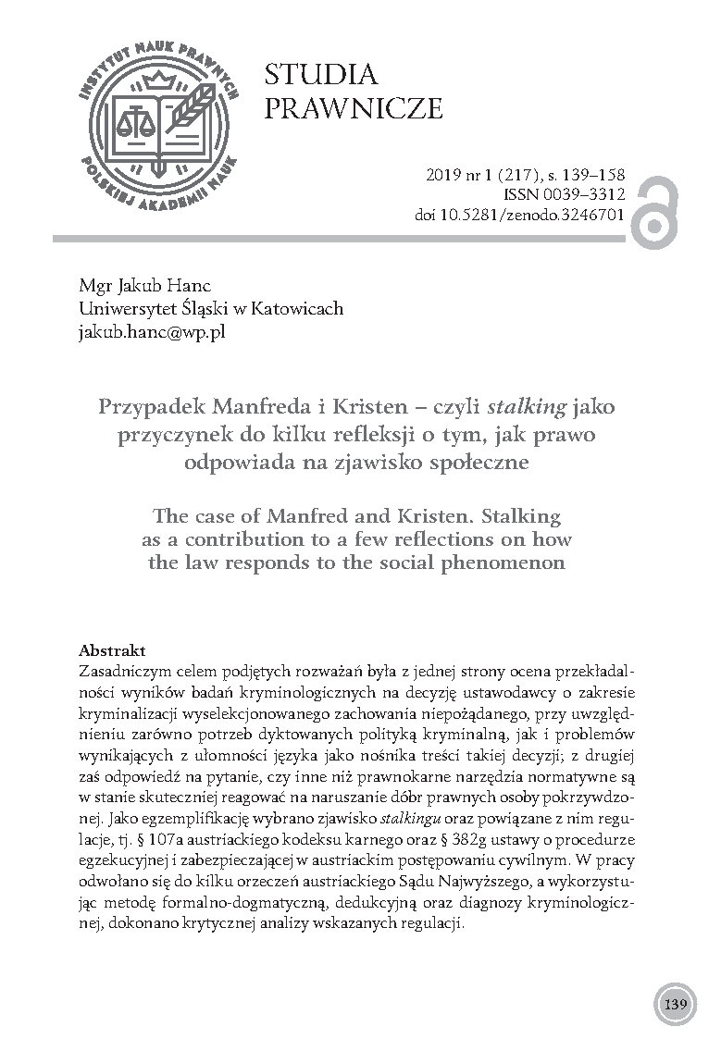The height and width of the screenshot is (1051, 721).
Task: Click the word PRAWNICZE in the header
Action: tap(354, 110)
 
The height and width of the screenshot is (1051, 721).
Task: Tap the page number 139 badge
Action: tap(674, 1003)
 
